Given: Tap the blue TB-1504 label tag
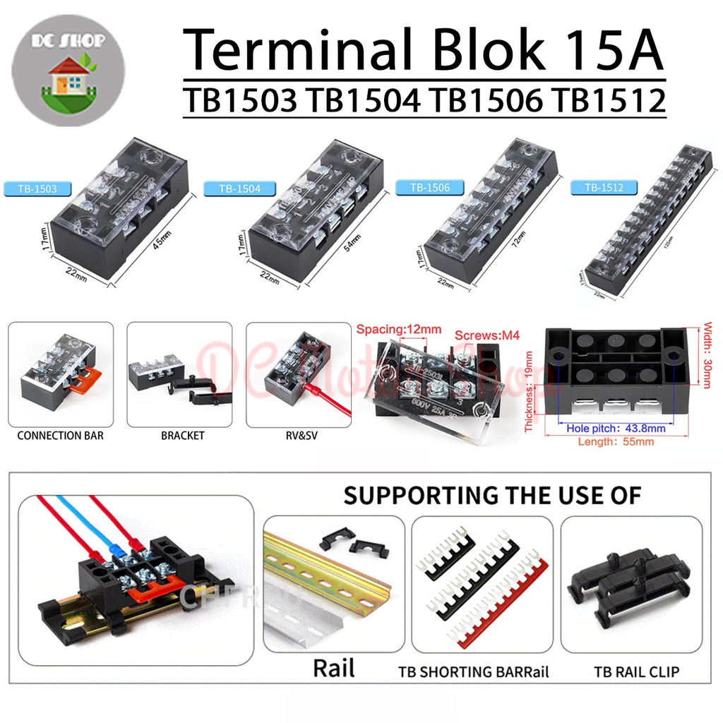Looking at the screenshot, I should pos(233,189).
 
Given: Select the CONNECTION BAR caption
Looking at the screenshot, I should pos(60,436).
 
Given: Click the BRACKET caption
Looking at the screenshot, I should pos(182,436).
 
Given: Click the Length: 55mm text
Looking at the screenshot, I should pos(615,442).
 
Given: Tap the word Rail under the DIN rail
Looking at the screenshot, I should pos(333,667).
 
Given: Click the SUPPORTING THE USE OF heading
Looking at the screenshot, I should pos(492,495).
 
